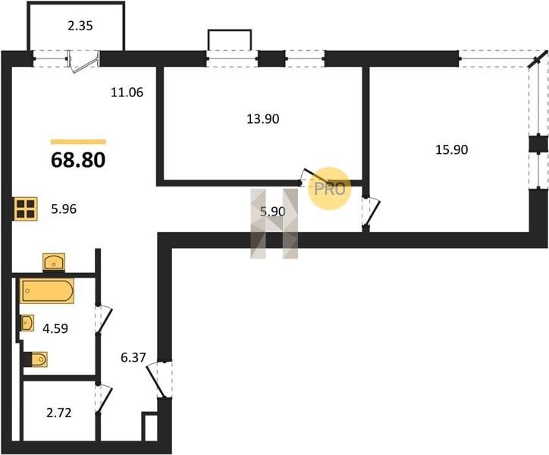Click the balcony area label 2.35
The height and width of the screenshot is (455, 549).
[x=80, y=26]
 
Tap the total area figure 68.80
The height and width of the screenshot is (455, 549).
[x=78, y=161]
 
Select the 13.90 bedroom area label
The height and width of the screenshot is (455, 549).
[x=263, y=119]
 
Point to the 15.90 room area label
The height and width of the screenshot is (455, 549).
[x=452, y=150]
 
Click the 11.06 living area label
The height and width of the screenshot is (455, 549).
[x=127, y=93]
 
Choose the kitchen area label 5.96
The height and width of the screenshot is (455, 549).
[x=64, y=209]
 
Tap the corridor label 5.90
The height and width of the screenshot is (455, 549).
[x=273, y=212]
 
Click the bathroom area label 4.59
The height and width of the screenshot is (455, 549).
[x=55, y=328]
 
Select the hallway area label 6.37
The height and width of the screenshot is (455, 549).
[x=133, y=358]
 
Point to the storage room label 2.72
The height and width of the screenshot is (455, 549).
[x=59, y=413]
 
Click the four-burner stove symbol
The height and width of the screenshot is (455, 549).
[x=26, y=209]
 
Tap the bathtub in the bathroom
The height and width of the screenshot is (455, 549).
[x=47, y=290]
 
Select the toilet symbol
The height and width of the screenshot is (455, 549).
[x=36, y=359]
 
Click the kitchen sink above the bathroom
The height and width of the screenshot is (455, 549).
[x=54, y=262]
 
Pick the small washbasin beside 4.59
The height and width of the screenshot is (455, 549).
[x=27, y=322]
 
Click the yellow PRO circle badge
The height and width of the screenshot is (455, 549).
[x=329, y=189]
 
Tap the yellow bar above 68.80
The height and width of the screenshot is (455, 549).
[x=78, y=142]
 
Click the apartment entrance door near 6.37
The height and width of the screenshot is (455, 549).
[x=159, y=379]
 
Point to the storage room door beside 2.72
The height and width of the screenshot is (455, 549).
[x=104, y=400]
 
